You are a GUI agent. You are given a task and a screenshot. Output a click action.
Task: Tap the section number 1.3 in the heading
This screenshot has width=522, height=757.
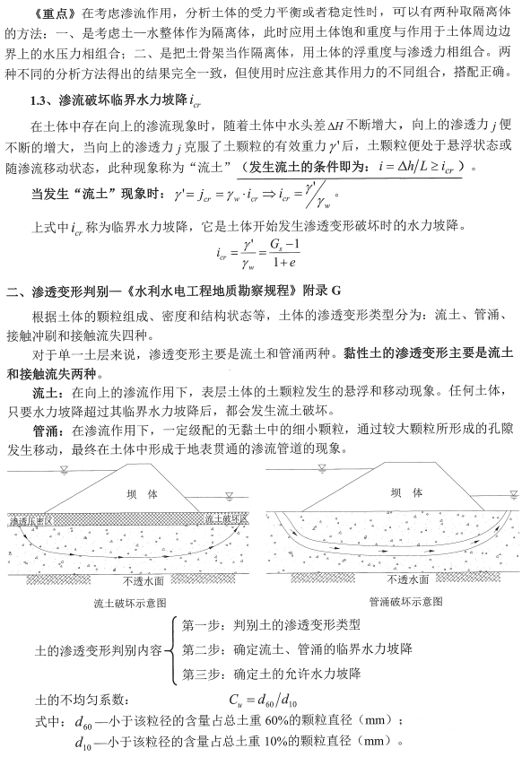pos(40,101)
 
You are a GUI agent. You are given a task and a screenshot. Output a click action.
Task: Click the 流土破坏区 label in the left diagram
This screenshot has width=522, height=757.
pos(229,518)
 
